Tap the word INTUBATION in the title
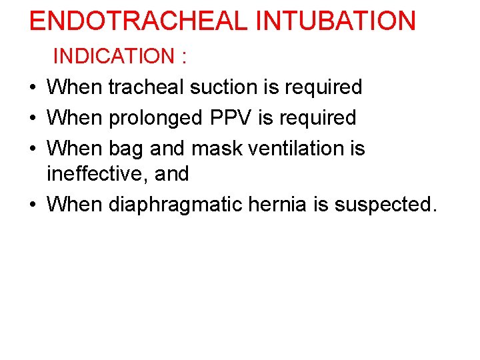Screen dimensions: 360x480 click(x=336, y=21)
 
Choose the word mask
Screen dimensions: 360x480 click(x=215, y=147)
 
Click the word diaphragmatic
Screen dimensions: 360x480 click(x=174, y=204)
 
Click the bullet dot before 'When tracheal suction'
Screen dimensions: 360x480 click(x=33, y=87)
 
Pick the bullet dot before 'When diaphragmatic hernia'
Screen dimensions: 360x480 click(x=33, y=205)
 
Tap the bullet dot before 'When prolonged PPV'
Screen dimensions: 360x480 click(x=33, y=118)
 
